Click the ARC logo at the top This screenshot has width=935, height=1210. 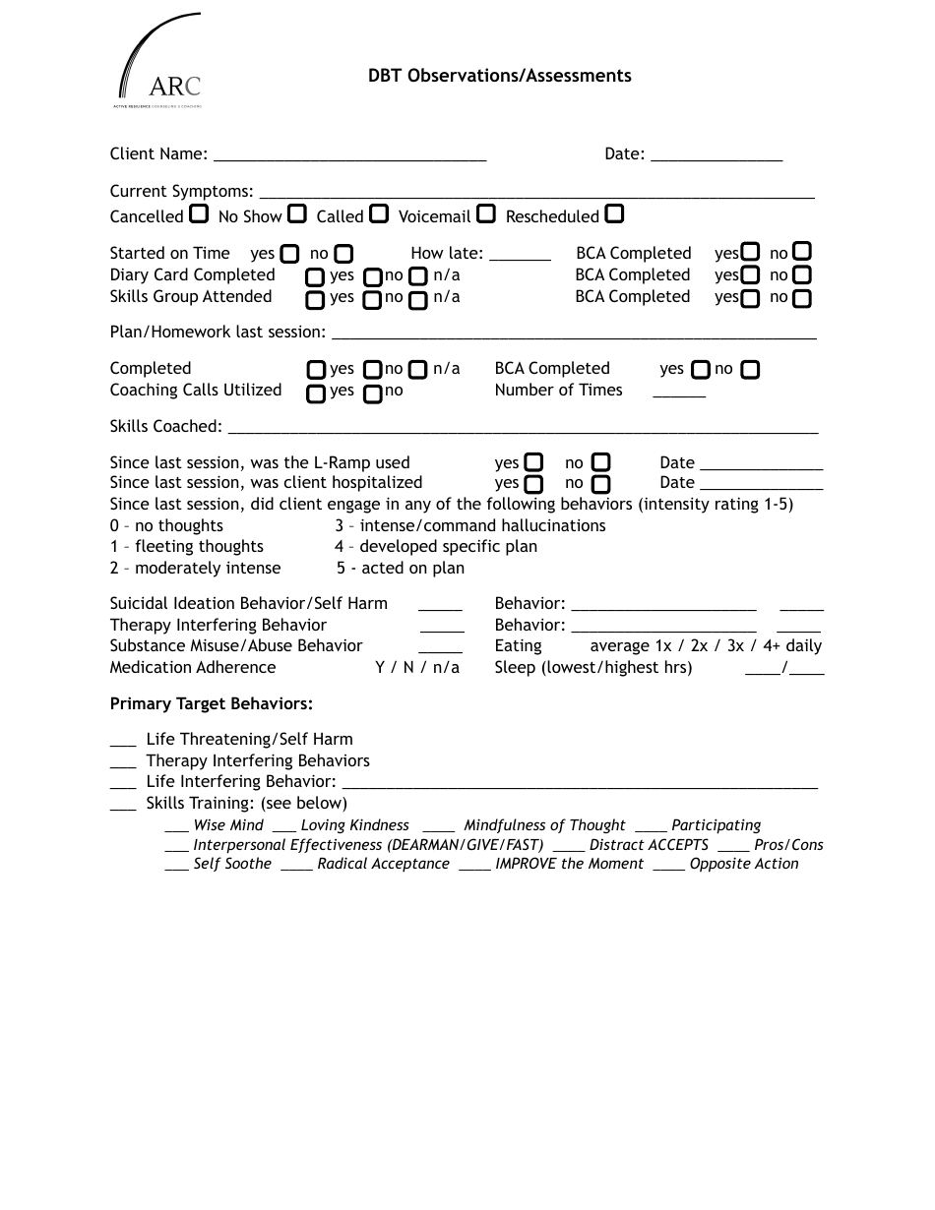[160, 62]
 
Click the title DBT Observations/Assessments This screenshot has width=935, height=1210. [500, 76]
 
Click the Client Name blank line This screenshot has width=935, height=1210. [349, 155]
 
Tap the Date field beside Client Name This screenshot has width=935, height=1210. [717, 155]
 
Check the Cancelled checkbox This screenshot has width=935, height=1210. [199, 213]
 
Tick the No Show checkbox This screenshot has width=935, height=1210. [297, 213]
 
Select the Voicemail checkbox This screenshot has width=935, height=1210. [486, 213]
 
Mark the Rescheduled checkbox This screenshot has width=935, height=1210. [614, 213]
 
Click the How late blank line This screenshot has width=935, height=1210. [520, 255]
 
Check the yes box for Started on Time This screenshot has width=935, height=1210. [289, 254]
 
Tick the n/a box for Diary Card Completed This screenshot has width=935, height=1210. [418, 277]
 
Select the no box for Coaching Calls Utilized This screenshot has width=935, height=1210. [373, 394]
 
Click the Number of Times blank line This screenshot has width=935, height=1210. [679, 393]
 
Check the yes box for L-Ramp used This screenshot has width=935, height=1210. [533, 462]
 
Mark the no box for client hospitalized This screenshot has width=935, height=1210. [601, 484]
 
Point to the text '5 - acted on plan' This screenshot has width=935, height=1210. [400, 568]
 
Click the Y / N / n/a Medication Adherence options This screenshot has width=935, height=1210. [417, 667]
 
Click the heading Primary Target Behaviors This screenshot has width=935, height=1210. [212, 703]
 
